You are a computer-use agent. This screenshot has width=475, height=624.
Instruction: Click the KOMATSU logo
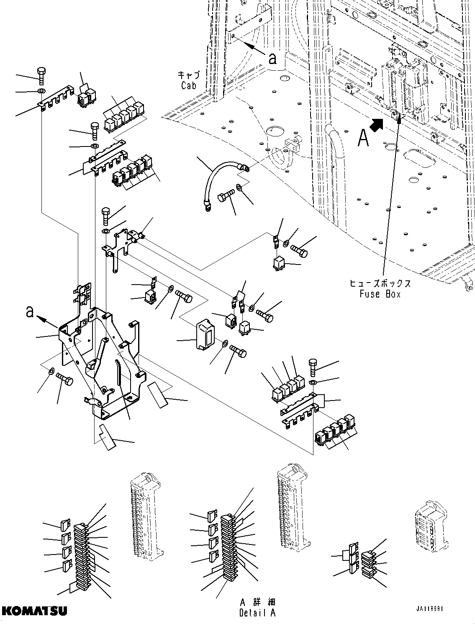pos(34,611)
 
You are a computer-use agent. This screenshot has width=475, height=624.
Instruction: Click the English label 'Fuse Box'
pos(380,294)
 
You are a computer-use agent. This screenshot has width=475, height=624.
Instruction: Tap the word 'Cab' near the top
pos(188,85)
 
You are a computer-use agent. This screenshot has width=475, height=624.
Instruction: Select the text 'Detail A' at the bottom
pos(258,614)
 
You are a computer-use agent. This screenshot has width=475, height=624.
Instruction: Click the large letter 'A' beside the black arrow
pos(363,138)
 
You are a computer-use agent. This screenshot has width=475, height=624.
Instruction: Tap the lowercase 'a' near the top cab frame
pos(272,59)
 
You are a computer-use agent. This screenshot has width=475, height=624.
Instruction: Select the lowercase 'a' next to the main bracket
pos(29,312)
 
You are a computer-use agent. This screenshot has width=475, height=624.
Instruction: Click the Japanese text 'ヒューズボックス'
pos(380,283)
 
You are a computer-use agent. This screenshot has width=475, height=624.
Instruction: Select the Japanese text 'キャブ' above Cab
pos(189,75)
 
